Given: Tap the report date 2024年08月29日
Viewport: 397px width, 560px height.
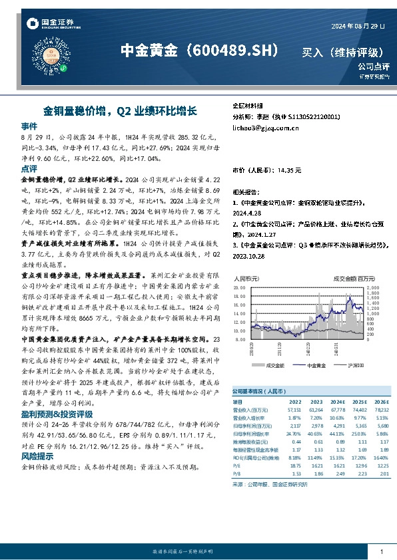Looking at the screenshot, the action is [358, 26].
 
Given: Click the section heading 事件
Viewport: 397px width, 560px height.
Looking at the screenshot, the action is [29, 126].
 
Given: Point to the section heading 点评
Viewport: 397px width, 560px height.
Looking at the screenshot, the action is [29, 170].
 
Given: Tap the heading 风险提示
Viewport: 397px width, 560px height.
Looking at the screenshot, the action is [38, 457].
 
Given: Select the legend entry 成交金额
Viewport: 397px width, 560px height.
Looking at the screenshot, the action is [275, 365].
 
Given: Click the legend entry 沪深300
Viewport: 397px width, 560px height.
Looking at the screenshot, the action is [358, 365].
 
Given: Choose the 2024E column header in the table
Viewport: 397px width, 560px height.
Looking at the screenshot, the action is [338, 402].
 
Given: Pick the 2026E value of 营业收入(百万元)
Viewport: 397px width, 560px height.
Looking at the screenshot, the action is [380, 410].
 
